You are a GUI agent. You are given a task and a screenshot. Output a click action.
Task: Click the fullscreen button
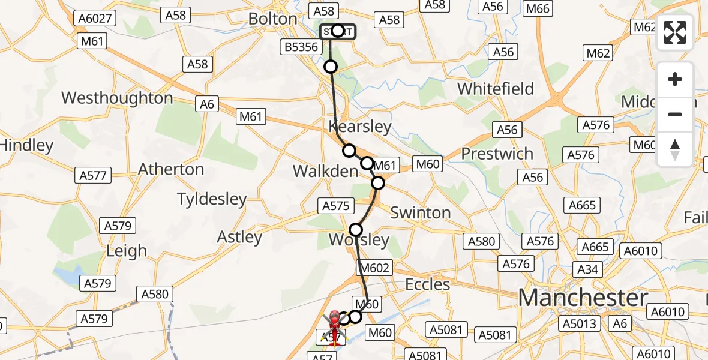[675, 32]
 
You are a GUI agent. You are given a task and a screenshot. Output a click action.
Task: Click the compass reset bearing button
[675, 149]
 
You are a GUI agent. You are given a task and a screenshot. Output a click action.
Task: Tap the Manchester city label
[583, 298]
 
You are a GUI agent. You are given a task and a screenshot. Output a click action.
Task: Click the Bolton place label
[273, 19]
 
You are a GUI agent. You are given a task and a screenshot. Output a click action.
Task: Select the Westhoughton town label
[117, 98]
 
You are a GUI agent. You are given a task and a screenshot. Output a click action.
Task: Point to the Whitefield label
[496, 89]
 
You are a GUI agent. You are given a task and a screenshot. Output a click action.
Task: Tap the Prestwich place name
[497, 154]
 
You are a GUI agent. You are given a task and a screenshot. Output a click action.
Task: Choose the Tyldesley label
[212, 199]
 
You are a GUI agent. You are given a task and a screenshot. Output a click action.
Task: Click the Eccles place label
[428, 284]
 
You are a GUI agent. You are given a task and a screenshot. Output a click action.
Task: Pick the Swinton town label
[420, 212]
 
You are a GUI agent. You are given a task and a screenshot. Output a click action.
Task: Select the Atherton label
[171, 169]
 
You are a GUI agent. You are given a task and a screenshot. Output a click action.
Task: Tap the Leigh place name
[126, 251]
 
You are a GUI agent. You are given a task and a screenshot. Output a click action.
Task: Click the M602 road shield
[375, 268]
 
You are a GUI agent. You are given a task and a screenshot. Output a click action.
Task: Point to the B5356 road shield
[301, 47]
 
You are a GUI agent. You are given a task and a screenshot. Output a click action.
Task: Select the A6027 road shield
[95, 19]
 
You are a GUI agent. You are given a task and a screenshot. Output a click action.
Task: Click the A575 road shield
[335, 206]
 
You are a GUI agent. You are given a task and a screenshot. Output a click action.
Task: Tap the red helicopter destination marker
[334, 317]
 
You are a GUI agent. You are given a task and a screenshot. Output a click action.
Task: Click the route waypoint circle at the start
[337, 31]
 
